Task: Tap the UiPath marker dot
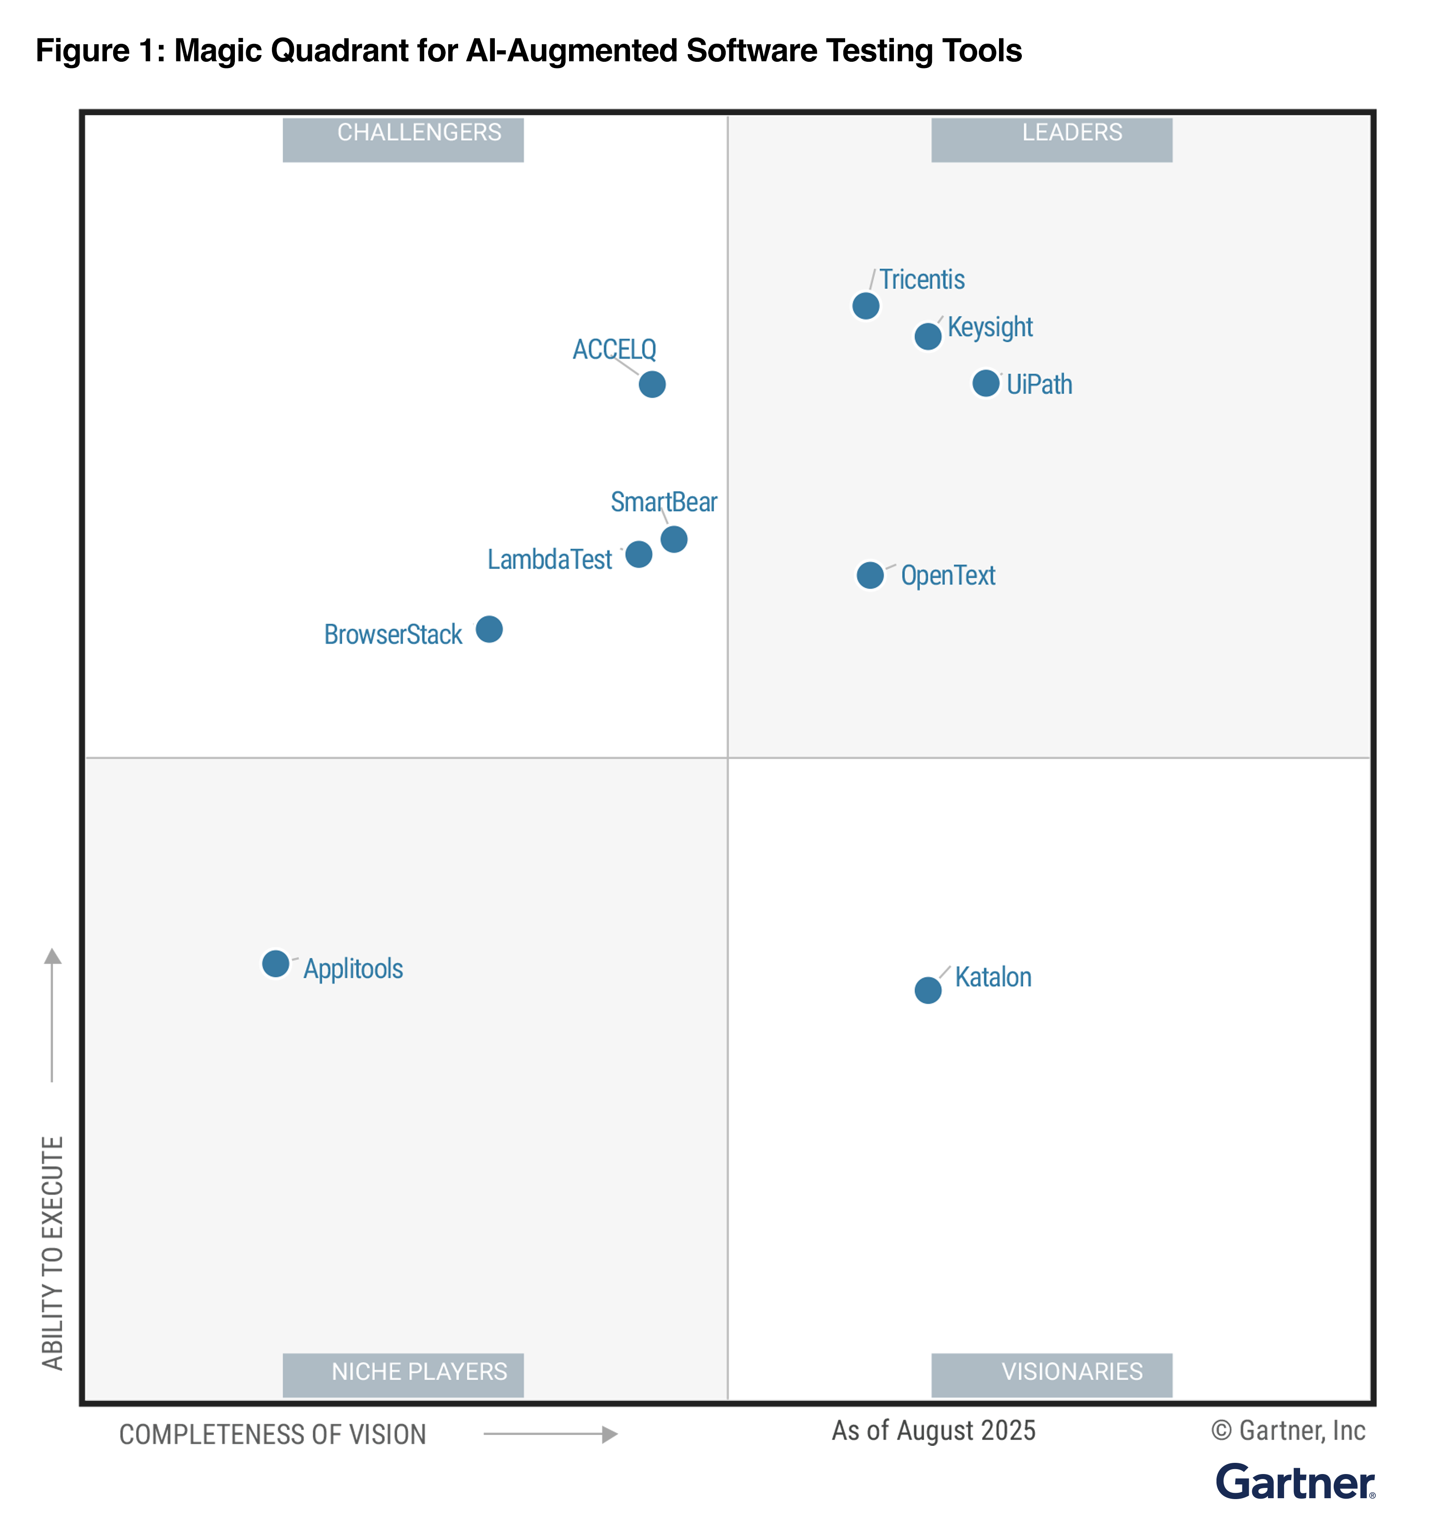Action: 986,383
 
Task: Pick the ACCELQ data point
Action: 652,384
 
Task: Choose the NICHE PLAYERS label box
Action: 403,1375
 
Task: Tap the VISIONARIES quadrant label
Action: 1051,1375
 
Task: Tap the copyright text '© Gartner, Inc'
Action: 1288,1431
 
